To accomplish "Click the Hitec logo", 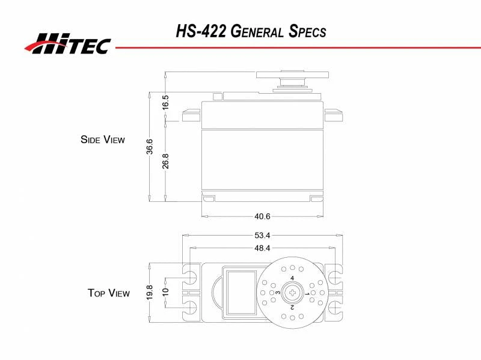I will (67, 43).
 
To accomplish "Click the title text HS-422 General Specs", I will (251, 31).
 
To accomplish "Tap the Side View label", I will (103, 139).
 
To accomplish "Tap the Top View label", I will (108, 293).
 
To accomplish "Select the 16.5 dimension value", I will (165, 102).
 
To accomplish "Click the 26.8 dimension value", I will (165, 161).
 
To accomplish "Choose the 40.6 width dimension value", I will (263, 216).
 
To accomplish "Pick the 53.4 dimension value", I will (262, 235).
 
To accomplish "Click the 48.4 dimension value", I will (262, 248).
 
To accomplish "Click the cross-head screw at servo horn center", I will (292, 293).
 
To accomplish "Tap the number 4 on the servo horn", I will (292, 278).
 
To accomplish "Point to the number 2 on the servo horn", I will (292, 307).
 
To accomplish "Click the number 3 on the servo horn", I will (278, 293).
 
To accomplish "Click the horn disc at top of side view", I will (293, 75).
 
